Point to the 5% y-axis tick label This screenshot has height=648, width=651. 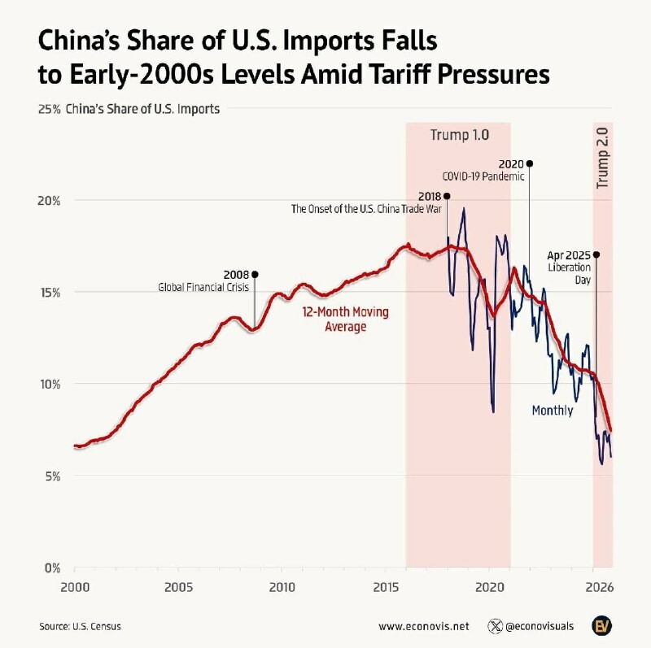[52, 476]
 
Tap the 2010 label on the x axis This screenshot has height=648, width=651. [282, 586]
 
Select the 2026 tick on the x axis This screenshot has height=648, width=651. [600, 586]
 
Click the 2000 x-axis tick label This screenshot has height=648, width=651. [74, 586]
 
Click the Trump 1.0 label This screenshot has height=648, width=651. [460, 134]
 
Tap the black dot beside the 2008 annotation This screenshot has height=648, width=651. [255, 274]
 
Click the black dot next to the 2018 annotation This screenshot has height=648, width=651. [447, 196]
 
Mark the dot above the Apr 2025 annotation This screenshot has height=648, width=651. [596, 254]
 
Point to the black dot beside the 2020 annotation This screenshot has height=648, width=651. [530, 163]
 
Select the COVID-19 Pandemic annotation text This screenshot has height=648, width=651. [483, 176]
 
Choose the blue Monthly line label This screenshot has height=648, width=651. [553, 411]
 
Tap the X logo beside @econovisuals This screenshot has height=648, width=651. [495, 627]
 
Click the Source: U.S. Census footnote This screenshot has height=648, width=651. [78, 627]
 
